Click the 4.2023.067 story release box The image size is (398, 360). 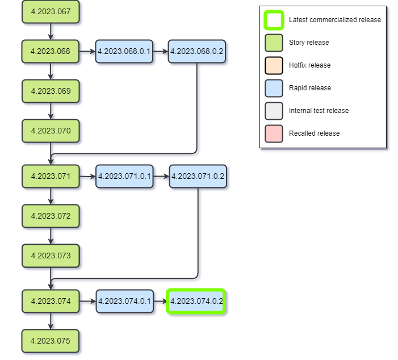pyautogui.click(x=51, y=12)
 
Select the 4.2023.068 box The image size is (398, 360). pyautogui.click(x=51, y=51)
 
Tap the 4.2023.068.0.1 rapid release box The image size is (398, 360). pyautogui.click(x=124, y=51)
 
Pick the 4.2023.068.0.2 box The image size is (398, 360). pyautogui.click(x=197, y=51)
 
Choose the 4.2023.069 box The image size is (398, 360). pyautogui.click(x=51, y=91)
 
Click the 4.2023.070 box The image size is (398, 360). pyautogui.click(x=51, y=131)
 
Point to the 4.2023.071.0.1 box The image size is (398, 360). pyautogui.click(x=124, y=177)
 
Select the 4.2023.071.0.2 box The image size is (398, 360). pyautogui.click(x=198, y=177)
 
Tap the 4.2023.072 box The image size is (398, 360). pyautogui.click(x=51, y=216)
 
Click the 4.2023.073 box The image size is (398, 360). pyautogui.click(x=51, y=256)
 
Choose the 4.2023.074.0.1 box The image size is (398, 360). pyautogui.click(x=124, y=301)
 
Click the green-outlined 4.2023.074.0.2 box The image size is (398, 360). pyautogui.click(x=196, y=301)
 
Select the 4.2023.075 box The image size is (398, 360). pyautogui.click(x=51, y=341)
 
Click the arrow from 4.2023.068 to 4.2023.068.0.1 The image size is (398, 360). pyautogui.click(x=87, y=51)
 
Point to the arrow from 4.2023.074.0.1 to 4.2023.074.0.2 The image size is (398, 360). pyautogui.click(x=160, y=301)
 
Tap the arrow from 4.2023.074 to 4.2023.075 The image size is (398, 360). pyautogui.click(x=51, y=321)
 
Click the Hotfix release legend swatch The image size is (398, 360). pyautogui.click(x=274, y=65)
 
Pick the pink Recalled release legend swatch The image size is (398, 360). pyautogui.click(x=274, y=133)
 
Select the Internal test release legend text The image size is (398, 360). pyautogui.click(x=319, y=111)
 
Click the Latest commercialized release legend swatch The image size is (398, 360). pyautogui.click(x=274, y=20)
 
